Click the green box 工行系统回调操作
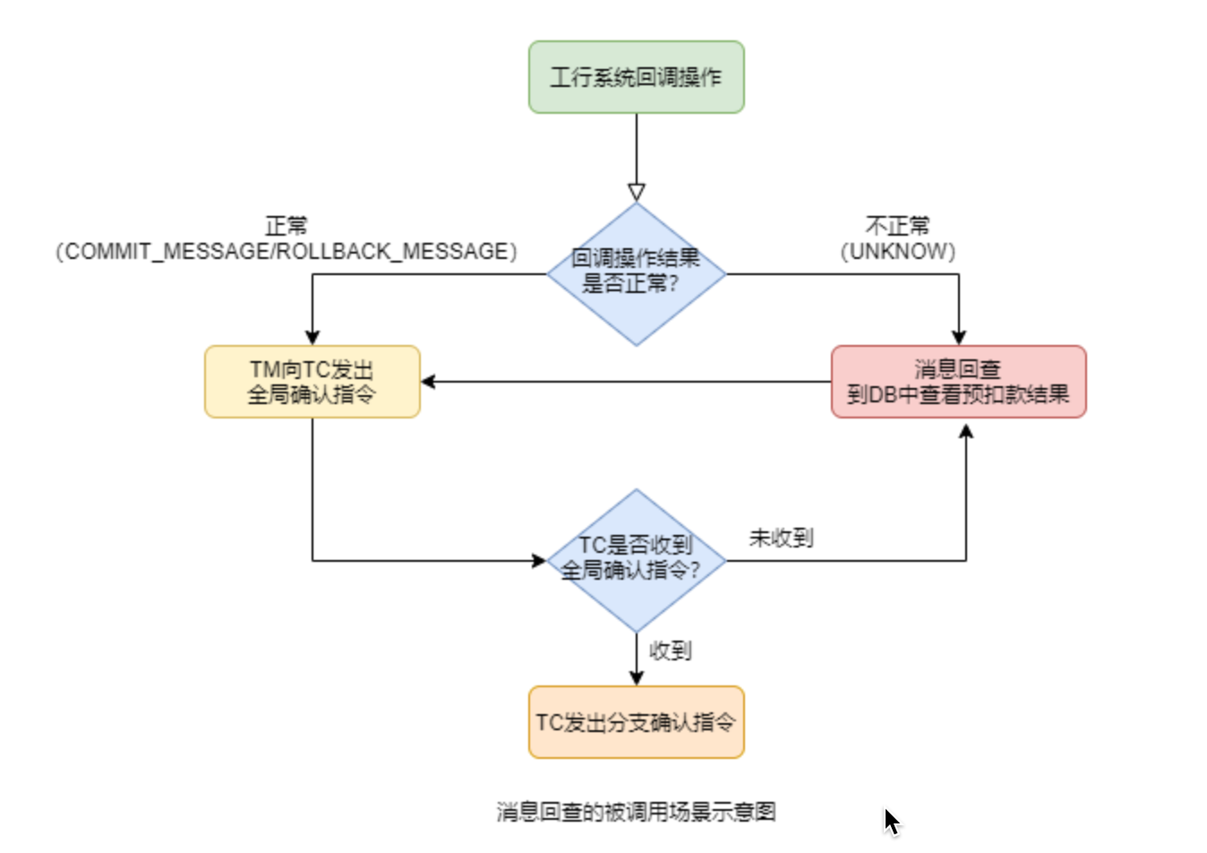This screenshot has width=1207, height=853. [637, 77]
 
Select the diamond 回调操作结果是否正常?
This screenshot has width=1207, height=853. [637, 274]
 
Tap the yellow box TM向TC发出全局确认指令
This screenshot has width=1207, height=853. [312, 382]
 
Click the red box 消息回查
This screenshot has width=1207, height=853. [959, 382]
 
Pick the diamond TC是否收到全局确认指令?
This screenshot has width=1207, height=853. [637, 561]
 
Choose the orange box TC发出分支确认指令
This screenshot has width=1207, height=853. [637, 722]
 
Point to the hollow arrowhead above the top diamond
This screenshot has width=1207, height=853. [637, 193]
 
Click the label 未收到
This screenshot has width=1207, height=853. [782, 539]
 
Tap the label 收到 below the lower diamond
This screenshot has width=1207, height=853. [671, 651]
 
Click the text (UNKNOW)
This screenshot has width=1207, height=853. [898, 251]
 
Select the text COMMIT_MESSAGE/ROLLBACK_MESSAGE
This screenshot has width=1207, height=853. [287, 251]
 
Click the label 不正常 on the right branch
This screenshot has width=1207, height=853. [898, 226]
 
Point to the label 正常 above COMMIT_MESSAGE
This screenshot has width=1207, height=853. [287, 226]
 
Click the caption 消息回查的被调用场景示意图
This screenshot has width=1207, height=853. [637, 812]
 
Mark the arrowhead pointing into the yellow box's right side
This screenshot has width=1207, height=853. [428, 382]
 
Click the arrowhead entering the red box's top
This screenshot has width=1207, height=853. [959, 338]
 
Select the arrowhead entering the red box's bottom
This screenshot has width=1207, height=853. [966, 432]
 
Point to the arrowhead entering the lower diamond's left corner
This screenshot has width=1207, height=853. [539, 561]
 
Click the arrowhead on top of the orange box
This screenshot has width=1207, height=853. [637, 678]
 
